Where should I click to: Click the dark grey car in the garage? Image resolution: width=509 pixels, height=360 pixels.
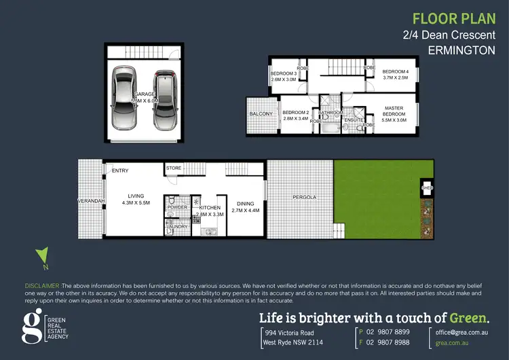pos(166,100)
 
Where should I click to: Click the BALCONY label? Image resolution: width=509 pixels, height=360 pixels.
pos(261,113)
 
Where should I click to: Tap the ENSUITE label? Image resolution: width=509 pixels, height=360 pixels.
pos(354,120)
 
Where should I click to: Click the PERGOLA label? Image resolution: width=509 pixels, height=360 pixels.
pos(305,197)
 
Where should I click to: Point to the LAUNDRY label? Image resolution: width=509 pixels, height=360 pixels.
pos(177,226)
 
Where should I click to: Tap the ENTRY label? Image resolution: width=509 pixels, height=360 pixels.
pos(120,170)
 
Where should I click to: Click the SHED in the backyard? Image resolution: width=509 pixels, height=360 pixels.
pos(428,187)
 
